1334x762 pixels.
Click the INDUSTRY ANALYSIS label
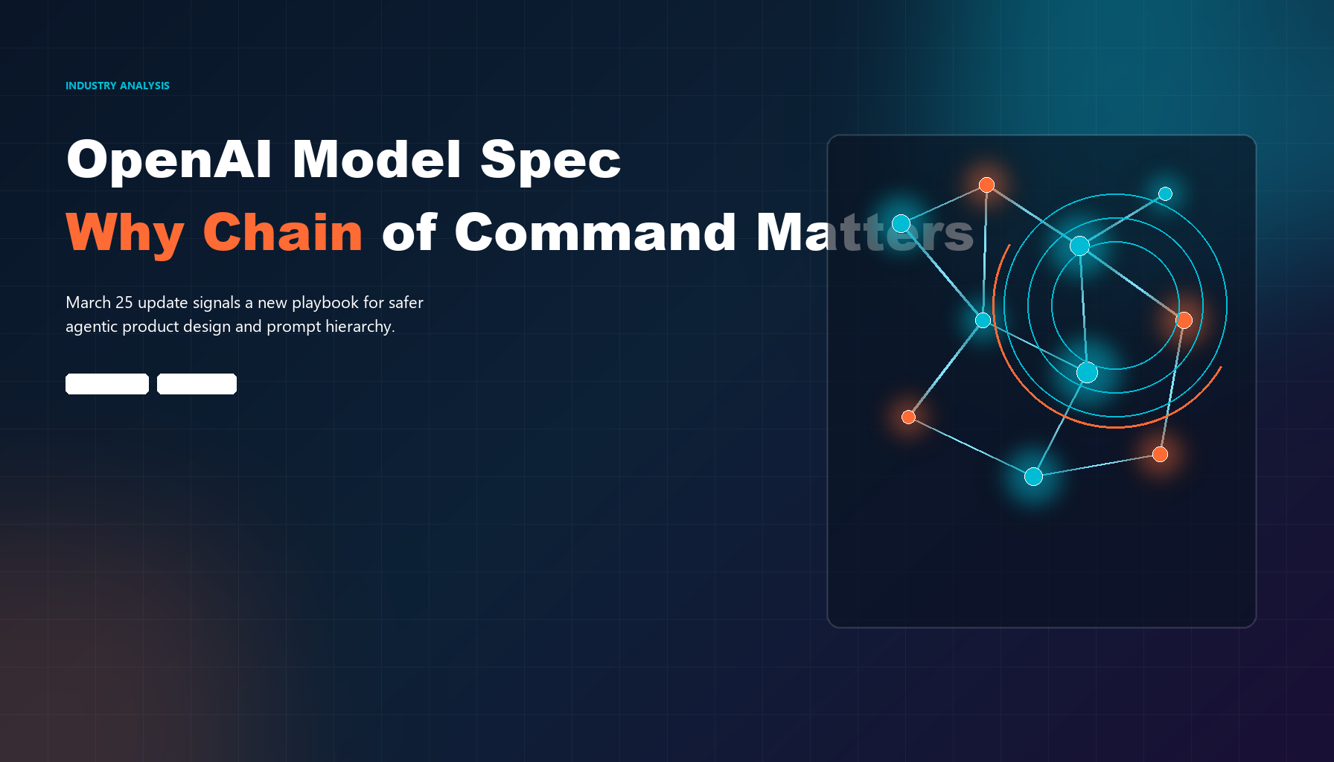click(x=118, y=86)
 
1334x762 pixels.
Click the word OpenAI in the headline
click(x=170, y=160)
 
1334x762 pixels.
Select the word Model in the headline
click(x=377, y=159)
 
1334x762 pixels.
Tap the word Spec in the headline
click(x=550, y=161)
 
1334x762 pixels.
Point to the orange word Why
click(x=125, y=234)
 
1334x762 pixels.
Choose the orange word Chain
click(x=283, y=232)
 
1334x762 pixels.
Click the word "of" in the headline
click(x=409, y=232)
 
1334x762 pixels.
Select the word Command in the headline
click(x=596, y=232)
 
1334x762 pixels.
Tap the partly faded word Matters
click(x=865, y=232)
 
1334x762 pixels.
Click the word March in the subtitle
click(x=89, y=302)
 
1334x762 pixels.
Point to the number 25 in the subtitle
click(x=124, y=302)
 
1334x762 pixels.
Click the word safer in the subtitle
click(x=406, y=302)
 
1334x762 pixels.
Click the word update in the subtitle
click(x=163, y=303)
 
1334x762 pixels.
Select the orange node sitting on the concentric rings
click(x=1184, y=320)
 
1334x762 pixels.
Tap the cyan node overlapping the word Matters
click(x=901, y=223)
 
